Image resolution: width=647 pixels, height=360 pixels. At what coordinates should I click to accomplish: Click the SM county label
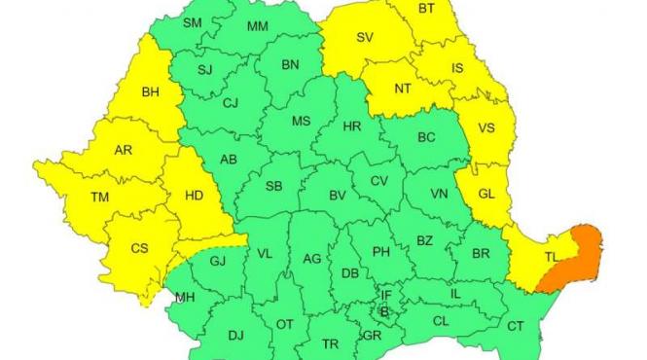click(x=192, y=22)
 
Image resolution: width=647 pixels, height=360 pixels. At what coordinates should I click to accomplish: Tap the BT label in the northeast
click(x=426, y=9)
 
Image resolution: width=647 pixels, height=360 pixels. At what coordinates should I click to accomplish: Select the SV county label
click(x=365, y=38)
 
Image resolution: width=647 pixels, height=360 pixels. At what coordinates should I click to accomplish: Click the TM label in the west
click(x=99, y=197)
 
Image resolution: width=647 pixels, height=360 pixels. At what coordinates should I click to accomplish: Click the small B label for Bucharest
click(x=384, y=312)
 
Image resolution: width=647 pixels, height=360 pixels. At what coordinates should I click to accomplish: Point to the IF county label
click(x=386, y=295)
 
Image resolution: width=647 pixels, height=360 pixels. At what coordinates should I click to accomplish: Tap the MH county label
click(x=185, y=297)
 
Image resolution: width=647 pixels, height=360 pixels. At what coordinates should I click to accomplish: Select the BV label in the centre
click(x=338, y=196)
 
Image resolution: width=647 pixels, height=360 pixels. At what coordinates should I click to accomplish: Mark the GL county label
click(x=486, y=194)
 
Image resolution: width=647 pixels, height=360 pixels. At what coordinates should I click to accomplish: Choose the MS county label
click(x=301, y=123)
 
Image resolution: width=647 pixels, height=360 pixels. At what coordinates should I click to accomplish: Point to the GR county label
click(x=371, y=336)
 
